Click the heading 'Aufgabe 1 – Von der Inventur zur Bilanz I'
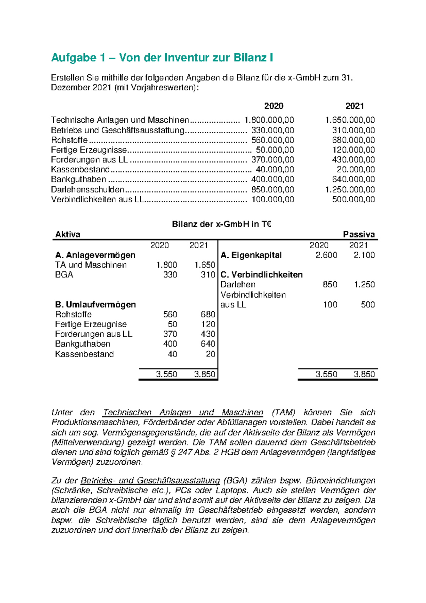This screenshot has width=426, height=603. pos(162,58)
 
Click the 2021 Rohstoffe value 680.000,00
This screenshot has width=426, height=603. pos(353,140)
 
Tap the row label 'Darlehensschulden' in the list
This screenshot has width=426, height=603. pos(88,190)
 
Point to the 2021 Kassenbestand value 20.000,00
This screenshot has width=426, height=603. pos(356,170)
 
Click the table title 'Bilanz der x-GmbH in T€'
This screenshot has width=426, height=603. pos(222,224)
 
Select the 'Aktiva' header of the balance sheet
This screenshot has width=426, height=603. pos(68,234)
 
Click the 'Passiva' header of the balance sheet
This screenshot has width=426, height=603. pos(359,234)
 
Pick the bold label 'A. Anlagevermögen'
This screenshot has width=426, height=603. pos(95,255)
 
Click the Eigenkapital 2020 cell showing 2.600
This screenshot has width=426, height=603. pos(326,255)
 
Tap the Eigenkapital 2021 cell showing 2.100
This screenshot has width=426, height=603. pos(364,255)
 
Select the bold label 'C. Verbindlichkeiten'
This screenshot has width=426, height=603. pos(262,274)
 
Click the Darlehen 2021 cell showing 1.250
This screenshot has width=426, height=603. pos(364,284)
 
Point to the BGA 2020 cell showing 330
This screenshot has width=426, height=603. pos(170,274)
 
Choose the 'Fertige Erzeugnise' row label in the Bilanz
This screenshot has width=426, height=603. pos(91,324)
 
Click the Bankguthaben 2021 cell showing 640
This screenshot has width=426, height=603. pos(208,344)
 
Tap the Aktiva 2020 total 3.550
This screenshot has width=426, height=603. pos(166,374)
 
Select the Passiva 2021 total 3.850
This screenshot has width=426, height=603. pos(364,374)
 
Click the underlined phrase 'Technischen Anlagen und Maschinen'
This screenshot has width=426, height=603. pos(183,412)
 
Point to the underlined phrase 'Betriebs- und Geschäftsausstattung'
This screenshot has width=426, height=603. pos(150,481)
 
